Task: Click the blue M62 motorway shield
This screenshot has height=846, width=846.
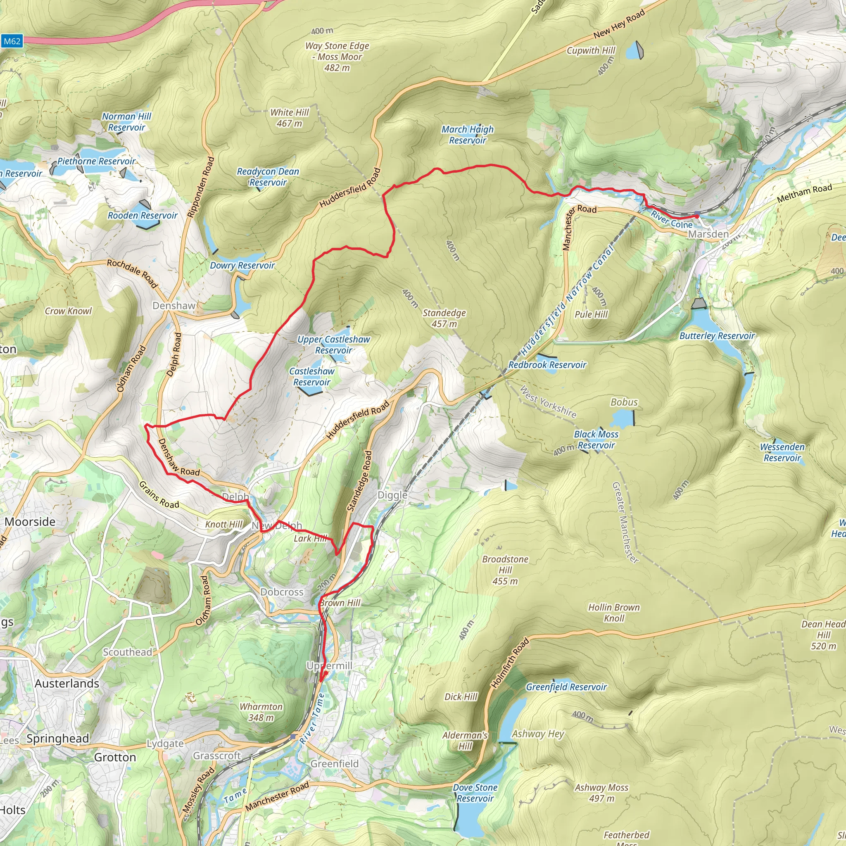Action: pos(12,42)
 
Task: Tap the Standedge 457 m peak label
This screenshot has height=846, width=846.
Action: pos(444,318)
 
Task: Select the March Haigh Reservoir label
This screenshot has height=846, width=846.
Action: pos(467,135)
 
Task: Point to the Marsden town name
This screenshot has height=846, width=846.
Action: pos(708,234)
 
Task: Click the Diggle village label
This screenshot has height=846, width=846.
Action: pos(392,495)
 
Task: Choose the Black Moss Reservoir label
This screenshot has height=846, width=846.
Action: pos(596,440)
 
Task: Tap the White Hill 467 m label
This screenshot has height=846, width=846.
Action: pos(290,118)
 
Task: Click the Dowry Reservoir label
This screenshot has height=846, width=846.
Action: pos(242,265)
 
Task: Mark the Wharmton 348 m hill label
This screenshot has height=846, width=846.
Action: pos(261,712)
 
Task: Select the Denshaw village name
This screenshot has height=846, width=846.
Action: pos(174,306)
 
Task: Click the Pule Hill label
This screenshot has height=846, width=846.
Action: pos(591,314)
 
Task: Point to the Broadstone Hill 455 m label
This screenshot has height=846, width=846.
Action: pos(505,570)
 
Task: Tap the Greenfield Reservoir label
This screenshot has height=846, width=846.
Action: pos(566,687)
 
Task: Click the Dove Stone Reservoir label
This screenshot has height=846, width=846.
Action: pos(475,793)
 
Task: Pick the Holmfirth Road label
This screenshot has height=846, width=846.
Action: pos(510,663)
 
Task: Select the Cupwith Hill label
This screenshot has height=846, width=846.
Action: pos(591,50)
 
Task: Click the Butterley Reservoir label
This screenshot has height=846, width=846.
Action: pos(717,336)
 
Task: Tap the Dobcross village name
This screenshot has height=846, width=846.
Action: pos(282,592)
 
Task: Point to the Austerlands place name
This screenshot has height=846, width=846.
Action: pos(67,684)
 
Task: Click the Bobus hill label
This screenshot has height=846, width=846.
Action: pos(624,402)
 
